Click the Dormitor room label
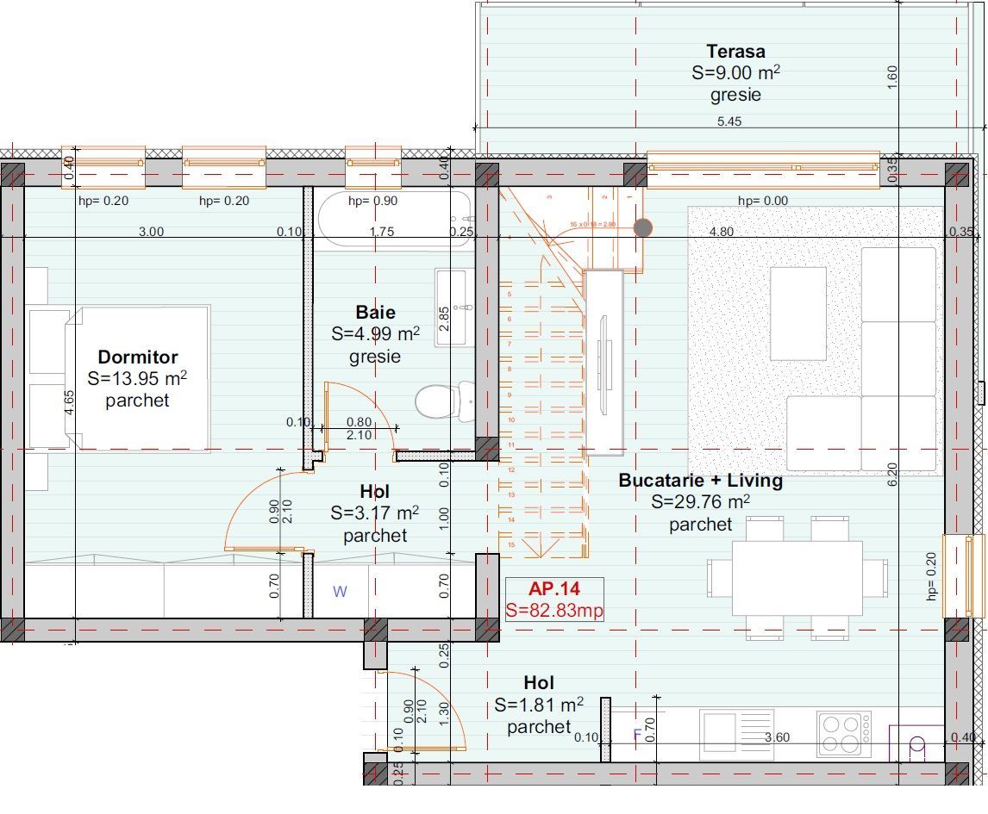pos(137,357)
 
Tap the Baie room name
pos(375,312)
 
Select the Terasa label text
pos(735,52)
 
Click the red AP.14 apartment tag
pos(554,589)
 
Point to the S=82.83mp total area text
pos(554,610)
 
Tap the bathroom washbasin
pos(453,307)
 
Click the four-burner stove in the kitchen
pos(843,734)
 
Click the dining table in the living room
pos(797,577)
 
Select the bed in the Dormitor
pos(138,377)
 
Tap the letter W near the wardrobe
pos(340,592)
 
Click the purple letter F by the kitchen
pos(637,735)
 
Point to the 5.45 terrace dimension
pos(728,121)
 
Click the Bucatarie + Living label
pos(700,481)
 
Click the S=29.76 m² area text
pos(700,502)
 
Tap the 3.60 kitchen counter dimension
pos(778,737)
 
